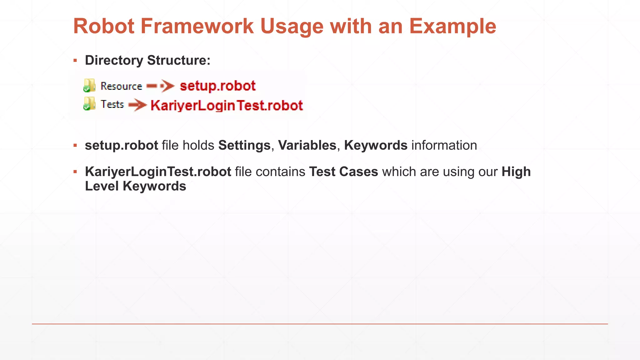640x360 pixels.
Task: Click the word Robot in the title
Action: coord(104,26)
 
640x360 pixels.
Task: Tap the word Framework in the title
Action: coord(197,26)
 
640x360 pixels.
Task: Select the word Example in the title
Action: coord(452,26)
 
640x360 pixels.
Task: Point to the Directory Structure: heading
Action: coord(147,60)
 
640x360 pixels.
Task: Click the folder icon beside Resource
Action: coord(89,86)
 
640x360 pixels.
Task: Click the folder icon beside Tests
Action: coord(89,104)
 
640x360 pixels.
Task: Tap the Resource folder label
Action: coord(121,86)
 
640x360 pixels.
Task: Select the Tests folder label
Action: coord(112,104)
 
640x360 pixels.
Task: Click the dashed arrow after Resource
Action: coord(160,86)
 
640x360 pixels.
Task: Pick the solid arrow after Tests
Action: coord(137,105)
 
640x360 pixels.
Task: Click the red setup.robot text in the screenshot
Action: coord(217,86)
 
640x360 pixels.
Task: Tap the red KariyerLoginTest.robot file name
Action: coord(227,106)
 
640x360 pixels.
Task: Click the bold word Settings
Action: coord(244,146)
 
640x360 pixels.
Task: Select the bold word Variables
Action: coord(307,146)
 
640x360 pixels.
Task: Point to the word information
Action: coord(444,146)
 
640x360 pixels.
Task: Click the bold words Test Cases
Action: coord(343,172)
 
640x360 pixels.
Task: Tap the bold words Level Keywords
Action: coord(135,186)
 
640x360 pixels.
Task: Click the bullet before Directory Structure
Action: coord(75,60)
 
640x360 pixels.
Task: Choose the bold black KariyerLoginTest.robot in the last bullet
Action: coord(158,172)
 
